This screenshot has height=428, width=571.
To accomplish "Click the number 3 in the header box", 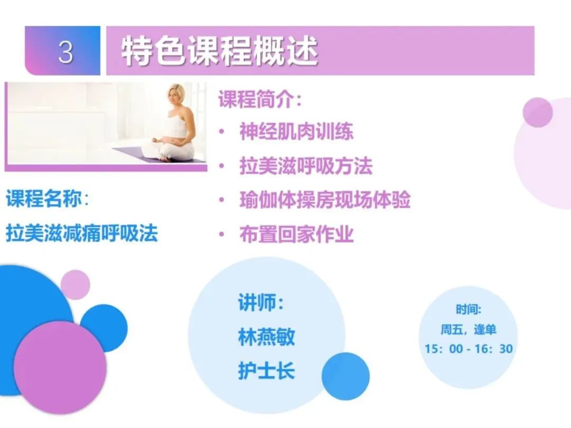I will point(65,52).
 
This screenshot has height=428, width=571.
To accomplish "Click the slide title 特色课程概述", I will point(219,52).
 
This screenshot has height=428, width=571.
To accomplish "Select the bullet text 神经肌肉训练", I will point(296,132).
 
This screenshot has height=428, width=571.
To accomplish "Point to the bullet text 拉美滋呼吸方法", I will point(306,166).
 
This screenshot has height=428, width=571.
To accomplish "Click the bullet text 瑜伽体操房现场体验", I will point(325,200).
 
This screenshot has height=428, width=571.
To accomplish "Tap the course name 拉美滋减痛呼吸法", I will point(82,233).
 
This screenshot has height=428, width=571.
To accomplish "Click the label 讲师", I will point(260,304).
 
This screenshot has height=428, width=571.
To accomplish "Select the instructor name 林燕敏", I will point(266,337).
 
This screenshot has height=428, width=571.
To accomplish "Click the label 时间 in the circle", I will point(468,310).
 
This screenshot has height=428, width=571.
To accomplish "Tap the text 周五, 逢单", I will point(468,330).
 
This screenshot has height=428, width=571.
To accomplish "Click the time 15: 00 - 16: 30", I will point(468,349).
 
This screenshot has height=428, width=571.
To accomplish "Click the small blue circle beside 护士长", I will point(345,376).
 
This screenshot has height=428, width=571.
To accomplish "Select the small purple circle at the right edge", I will point(537,113).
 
